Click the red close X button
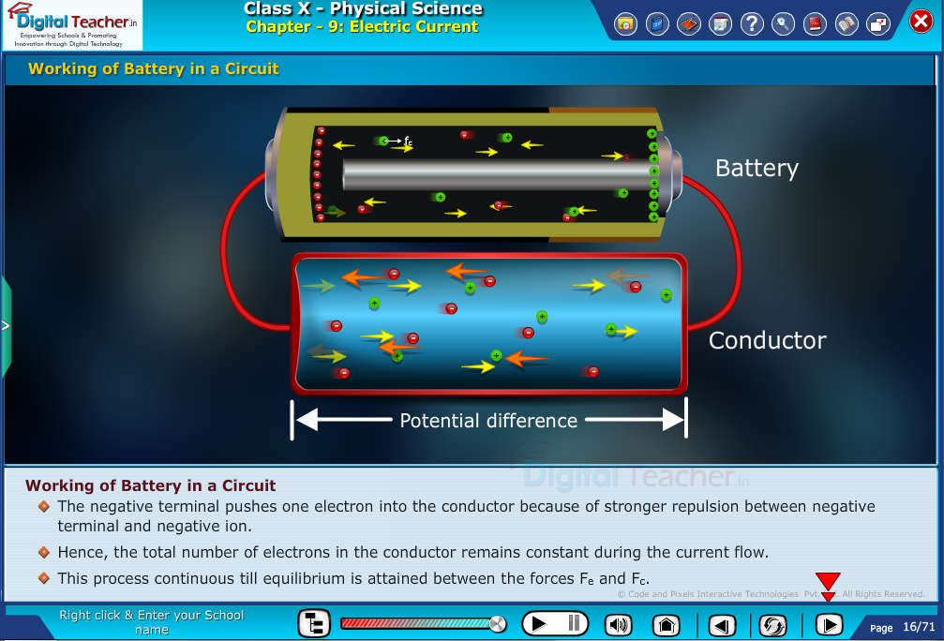click(x=922, y=21)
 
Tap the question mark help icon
click(x=751, y=24)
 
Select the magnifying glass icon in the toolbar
click(x=783, y=24)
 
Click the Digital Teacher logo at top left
click(x=72, y=25)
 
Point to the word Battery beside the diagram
click(x=757, y=169)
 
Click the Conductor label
click(x=767, y=340)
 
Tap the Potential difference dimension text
click(x=488, y=421)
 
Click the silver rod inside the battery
click(x=497, y=174)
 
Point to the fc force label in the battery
click(x=408, y=142)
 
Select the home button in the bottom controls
click(x=666, y=624)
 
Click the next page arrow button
click(x=828, y=624)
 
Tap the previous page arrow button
click(x=720, y=624)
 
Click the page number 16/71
click(x=919, y=627)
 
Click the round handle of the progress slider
click(x=498, y=623)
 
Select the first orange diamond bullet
click(x=43, y=506)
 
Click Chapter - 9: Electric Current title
click(x=362, y=27)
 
